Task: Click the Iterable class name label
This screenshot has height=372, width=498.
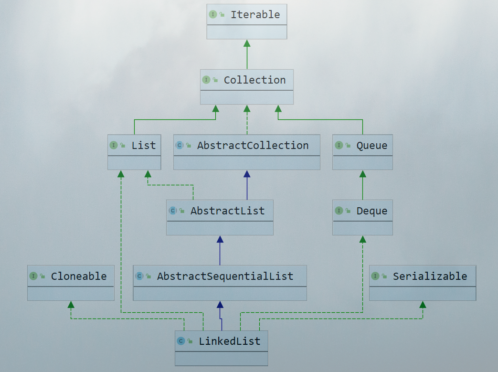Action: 255,14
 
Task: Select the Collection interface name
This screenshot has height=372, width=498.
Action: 254,80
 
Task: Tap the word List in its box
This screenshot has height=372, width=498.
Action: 144,145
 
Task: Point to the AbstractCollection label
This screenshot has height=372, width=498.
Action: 253,145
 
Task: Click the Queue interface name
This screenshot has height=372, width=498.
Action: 371,145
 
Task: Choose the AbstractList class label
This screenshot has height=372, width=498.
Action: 227,211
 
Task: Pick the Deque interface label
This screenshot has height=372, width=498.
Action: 371,211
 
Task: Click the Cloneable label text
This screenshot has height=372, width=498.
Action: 79,276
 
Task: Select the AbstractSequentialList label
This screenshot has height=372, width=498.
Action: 225,276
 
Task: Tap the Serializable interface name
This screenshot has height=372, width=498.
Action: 430,276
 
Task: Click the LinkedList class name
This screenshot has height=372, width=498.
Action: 230,341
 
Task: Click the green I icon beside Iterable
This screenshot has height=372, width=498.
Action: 213,14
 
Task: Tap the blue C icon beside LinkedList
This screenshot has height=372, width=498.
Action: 181,341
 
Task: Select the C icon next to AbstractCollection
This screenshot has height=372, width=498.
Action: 180,145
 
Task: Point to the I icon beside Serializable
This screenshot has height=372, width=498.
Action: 375,276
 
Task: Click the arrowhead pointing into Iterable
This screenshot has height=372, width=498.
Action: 247,43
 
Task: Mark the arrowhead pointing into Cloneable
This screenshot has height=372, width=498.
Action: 71,304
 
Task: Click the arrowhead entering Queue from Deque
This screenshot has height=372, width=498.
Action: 362,174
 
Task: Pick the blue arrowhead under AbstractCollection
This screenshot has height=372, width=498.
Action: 247,174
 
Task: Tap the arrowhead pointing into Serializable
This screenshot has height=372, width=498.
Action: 423,304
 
